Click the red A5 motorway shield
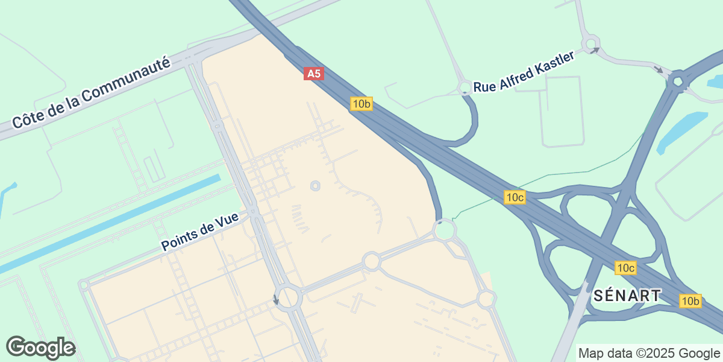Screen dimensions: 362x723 pyautogui.click(x=313, y=74)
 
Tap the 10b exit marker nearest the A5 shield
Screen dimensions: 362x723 pyautogui.click(x=361, y=104)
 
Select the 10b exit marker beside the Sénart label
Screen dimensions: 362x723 pyautogui.click(x=690, y=300)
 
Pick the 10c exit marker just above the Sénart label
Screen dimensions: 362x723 pyautogui.click(x=626, y=267)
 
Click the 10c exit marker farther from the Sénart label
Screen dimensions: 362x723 pyautogui.click(x=515, y=197)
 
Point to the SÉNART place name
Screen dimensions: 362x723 pyautogui.click(x=627, y=296)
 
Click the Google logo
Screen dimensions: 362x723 pyautogui.click(x=40, y=348)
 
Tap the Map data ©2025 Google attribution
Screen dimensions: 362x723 pyautogui.click(x=649, y=353)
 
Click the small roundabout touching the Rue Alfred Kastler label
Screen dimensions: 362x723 pyautogui.click(x=465, y=88)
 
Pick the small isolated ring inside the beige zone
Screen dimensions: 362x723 pyautogui.click(x=315, y=186)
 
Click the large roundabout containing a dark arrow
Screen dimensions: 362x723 pyautogui.click(x=289, y=297)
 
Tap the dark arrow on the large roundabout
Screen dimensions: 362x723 pyautogui.click(x=277, y=299)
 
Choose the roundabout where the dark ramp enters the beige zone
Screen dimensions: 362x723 pyautogui.click(x=445, y=230)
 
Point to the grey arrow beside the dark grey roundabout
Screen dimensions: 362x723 pyautogui.click(x=659, y=70)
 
